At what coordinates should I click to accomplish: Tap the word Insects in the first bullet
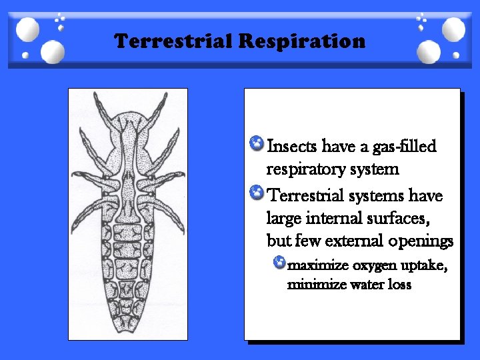pyautogui.click(x=291, y=146)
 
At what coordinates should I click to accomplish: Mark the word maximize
pyautogui.click(x=317, y=265)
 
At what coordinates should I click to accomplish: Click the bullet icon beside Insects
pyautogui.click(x=255, y=143)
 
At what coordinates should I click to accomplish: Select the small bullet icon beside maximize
pyautogui.click(x=279, y=262)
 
